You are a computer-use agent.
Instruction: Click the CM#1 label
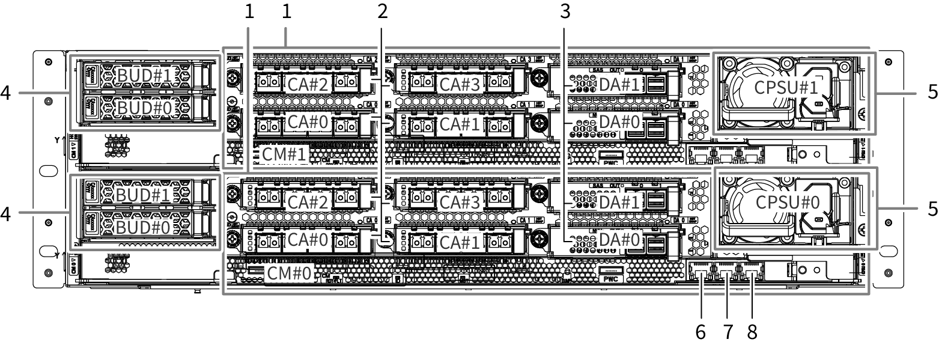pyautogui.click(x=285, y=154)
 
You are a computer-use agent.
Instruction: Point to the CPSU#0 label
pyautogui.click(x=787, y=201)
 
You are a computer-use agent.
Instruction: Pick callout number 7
pyautogui.click(x=728, y=332)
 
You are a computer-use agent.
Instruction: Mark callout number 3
pyautogui.click(x=563, y=10)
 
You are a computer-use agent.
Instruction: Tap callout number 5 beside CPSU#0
pyautogui.click(x=932, y=208)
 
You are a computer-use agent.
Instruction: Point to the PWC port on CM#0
pyautogui.click(x=610, y=275)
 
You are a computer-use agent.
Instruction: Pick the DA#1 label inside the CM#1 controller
pyautogui.click(x=618, y=84)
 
